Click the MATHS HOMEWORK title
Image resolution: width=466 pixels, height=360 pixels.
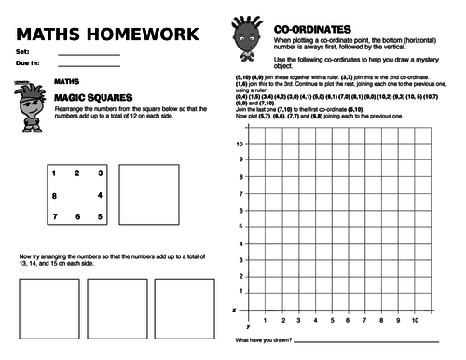(x=107, y=35)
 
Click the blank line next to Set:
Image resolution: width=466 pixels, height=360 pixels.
(x=89, y=55)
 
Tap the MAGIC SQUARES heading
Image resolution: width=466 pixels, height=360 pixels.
(x=90, y=97)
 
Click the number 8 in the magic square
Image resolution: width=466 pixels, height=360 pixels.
(x=54, y=196)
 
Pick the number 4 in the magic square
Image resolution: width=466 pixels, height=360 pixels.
(x=99, y=195)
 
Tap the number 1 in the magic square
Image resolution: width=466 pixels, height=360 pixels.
(x=54, y=173)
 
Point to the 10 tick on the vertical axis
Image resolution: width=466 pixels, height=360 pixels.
(x=240, y=144)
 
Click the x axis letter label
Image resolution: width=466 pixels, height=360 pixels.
(x=234, y=309)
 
